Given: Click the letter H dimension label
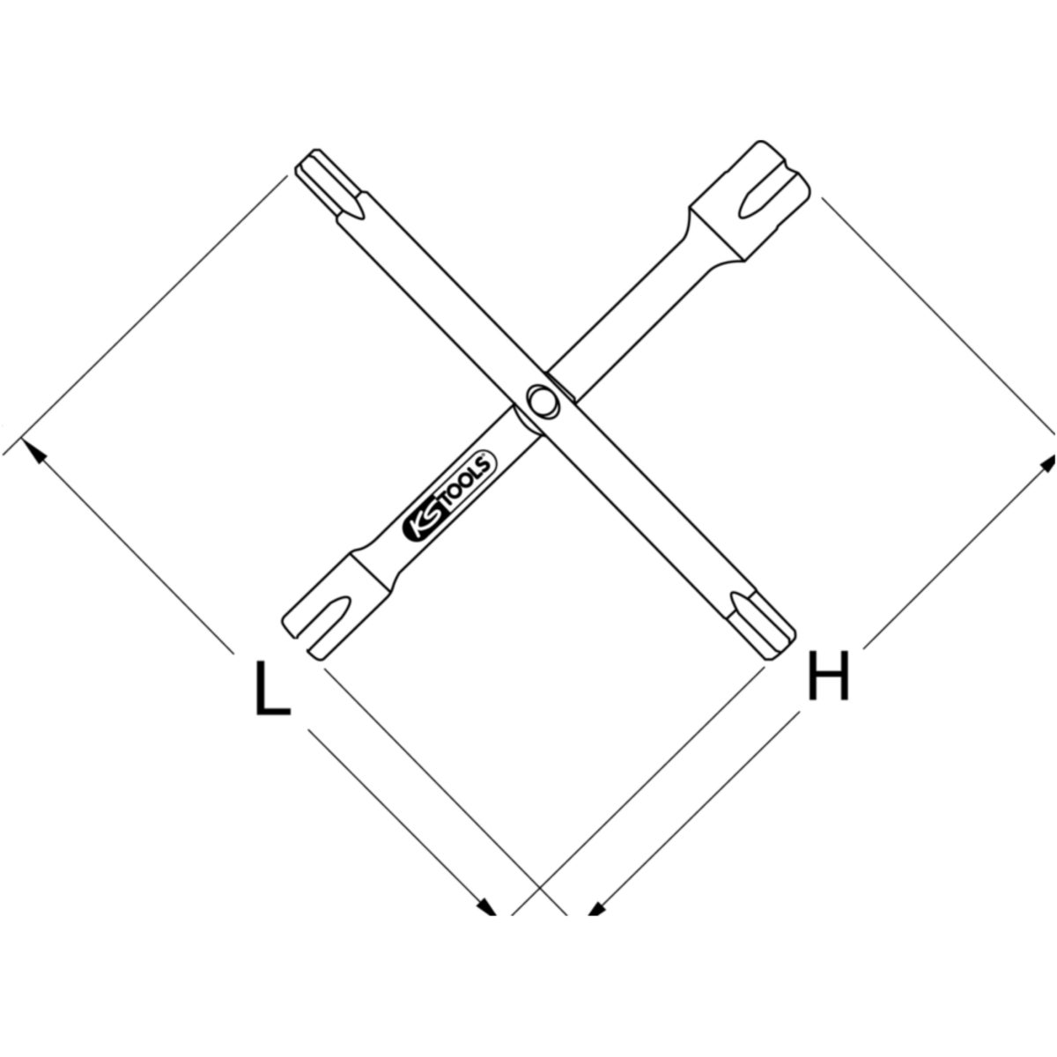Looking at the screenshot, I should (828, 676).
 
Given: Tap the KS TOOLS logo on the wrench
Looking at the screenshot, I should (449, 495).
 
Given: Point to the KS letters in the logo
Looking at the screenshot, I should (421, 521).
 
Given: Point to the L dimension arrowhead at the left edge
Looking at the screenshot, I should (33, 450).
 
